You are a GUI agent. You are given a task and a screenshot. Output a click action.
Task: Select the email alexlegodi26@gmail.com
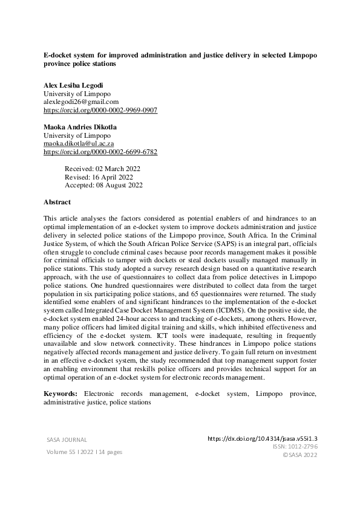[81, 102]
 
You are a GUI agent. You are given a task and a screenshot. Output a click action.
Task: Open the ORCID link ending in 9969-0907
[100, 111]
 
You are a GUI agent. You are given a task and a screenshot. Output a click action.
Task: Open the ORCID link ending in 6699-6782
[100, 152]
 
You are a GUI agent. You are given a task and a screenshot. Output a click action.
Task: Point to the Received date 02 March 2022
[103, 169]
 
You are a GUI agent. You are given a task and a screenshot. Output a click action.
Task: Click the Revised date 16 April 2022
[99, 177]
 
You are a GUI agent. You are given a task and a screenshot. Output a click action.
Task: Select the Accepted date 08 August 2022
[103, 186]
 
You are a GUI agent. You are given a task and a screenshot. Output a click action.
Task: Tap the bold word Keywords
[61, 394]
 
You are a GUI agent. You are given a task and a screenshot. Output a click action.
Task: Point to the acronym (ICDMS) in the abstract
[229, 310]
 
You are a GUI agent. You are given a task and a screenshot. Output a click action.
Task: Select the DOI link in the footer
[266, 438]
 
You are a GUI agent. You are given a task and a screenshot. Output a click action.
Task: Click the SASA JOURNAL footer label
[67, 439]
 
